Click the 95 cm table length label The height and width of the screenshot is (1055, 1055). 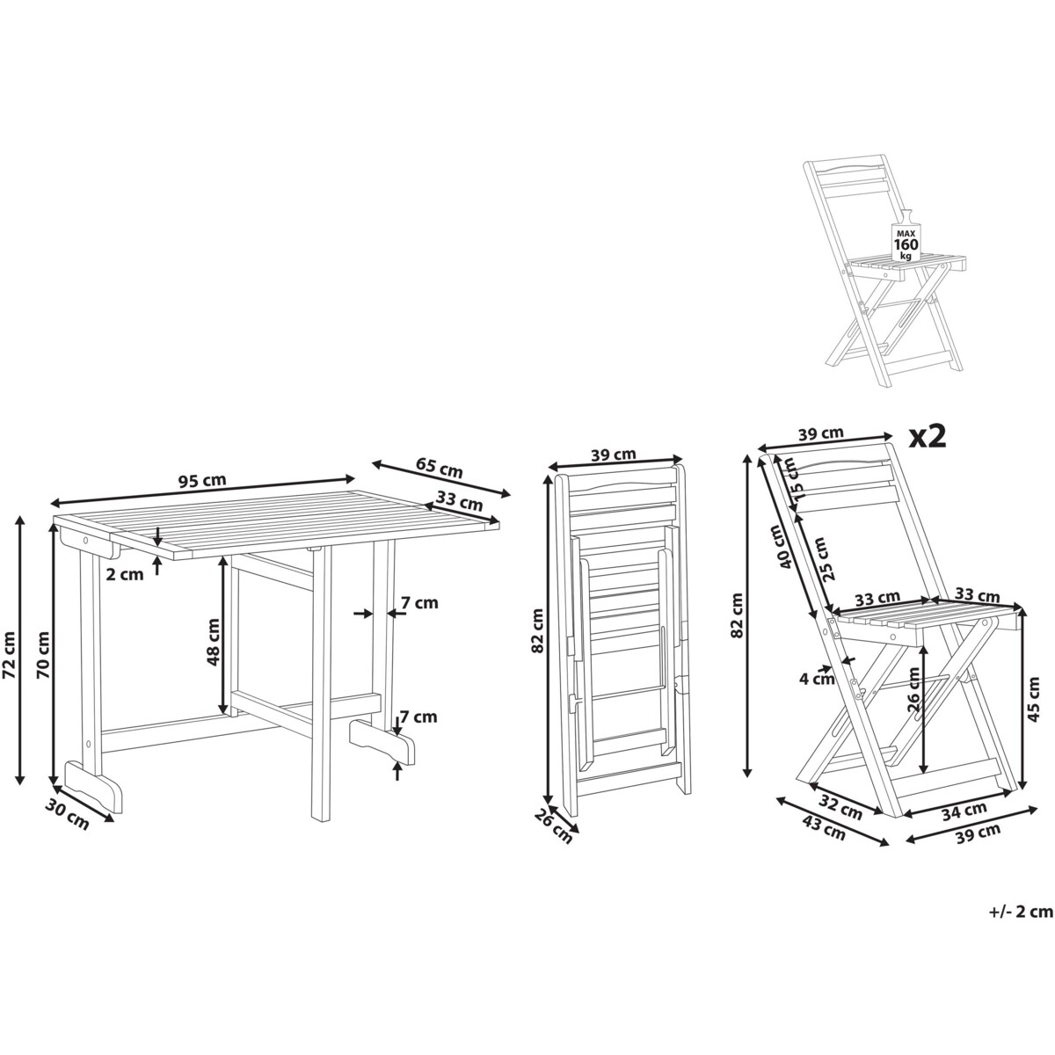(x=202, y=481)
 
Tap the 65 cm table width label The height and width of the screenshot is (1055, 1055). (x=439, y=468)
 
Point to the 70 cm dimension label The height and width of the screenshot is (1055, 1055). (x=43, y=655)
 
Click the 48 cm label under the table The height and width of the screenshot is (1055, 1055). (x=213, y=641)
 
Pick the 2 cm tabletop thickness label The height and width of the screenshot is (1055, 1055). (x=126, y=574)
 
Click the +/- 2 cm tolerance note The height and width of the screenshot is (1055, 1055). (x=1021, y=912)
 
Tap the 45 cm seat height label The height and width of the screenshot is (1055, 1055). (x=1033, y=700)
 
